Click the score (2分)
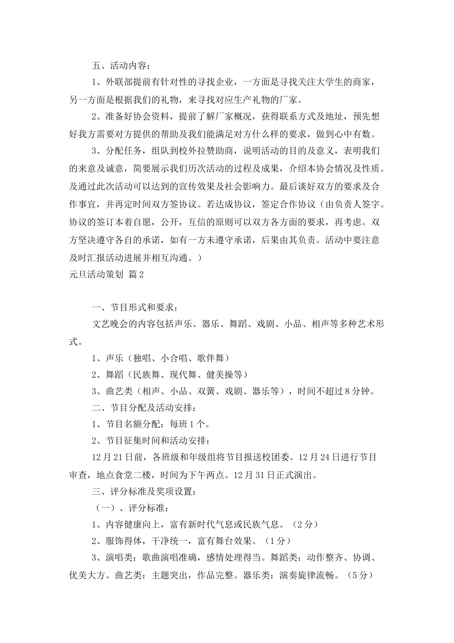(x=304, y=525)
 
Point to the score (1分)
(x=277, y=541)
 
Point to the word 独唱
(x=142, y=357)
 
